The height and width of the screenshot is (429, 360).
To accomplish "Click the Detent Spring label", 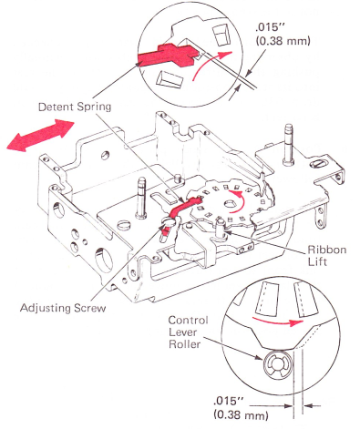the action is (75, 107).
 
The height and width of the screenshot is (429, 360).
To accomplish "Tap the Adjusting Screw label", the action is (63, 308).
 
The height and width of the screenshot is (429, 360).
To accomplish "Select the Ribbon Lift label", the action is (327, 255).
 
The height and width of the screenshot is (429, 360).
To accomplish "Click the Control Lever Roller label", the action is (189, 332).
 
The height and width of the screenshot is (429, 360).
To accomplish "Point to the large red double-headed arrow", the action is (40, 135).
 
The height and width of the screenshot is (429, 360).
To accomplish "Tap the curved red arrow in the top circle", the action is (210, 63).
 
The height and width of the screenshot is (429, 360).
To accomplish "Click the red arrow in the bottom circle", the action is (278, 322).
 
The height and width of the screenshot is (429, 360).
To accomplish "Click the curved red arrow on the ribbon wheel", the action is (240, 201).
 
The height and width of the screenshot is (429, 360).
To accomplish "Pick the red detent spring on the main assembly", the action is (182, 208).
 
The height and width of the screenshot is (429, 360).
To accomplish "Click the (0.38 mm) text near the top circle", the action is (283, 41).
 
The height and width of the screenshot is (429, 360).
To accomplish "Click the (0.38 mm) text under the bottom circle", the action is (241, 414).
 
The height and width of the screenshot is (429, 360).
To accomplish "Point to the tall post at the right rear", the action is (288, 144).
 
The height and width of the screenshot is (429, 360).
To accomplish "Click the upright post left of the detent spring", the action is (141, 198).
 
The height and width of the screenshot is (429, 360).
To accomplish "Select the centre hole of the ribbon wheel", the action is (231, 206).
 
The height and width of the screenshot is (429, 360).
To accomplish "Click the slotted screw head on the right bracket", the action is (319, 164).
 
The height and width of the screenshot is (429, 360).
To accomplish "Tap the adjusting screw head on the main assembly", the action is (169, 221).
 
